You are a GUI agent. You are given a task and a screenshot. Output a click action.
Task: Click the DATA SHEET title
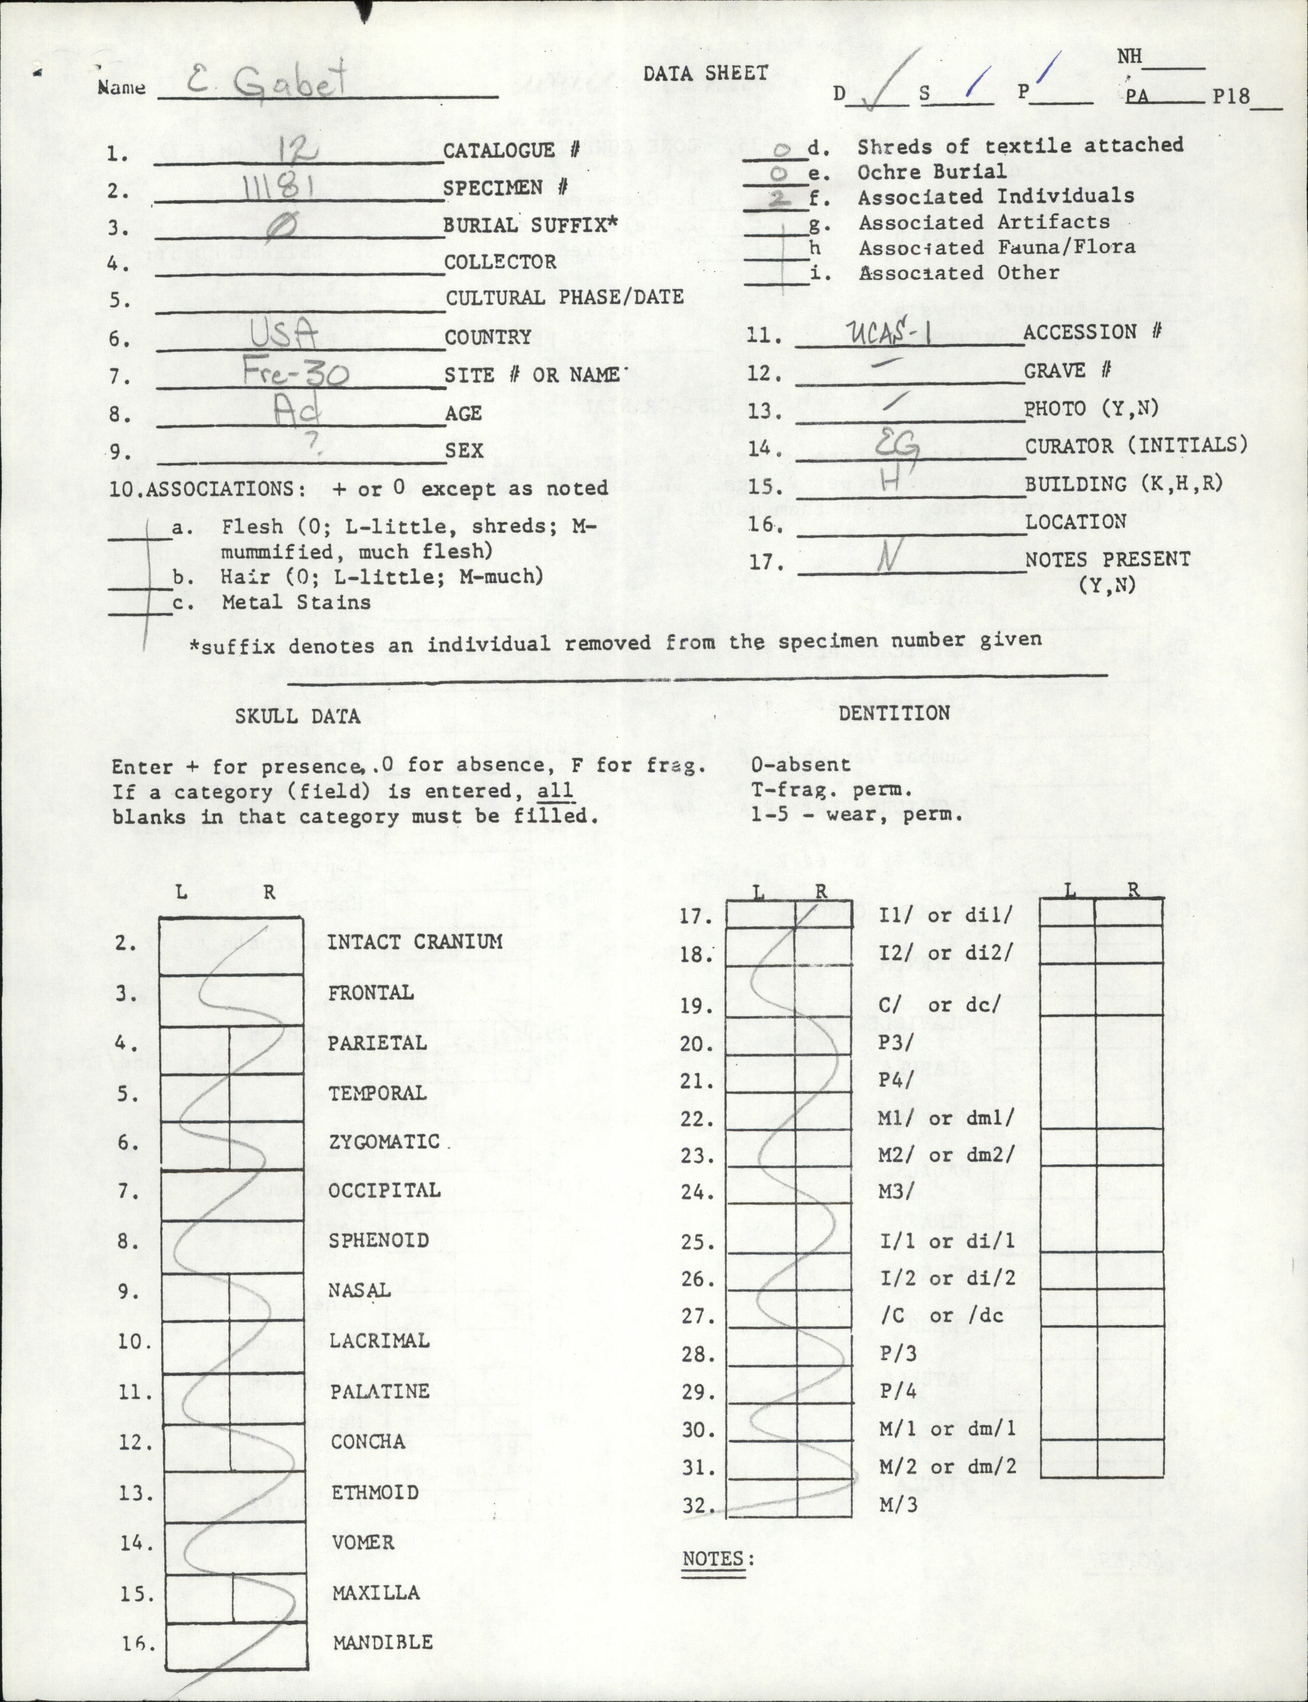tap(705, 73)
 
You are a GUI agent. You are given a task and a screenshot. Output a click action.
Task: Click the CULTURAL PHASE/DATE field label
tap(564, 297)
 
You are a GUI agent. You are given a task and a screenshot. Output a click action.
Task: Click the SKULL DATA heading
tap(298, 716)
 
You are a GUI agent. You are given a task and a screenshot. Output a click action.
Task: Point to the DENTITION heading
tap(894, 713)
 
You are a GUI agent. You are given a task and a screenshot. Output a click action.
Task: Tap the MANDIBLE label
tap(382, 1642)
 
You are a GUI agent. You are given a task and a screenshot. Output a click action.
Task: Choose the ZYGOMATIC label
tap(384, 1141)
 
